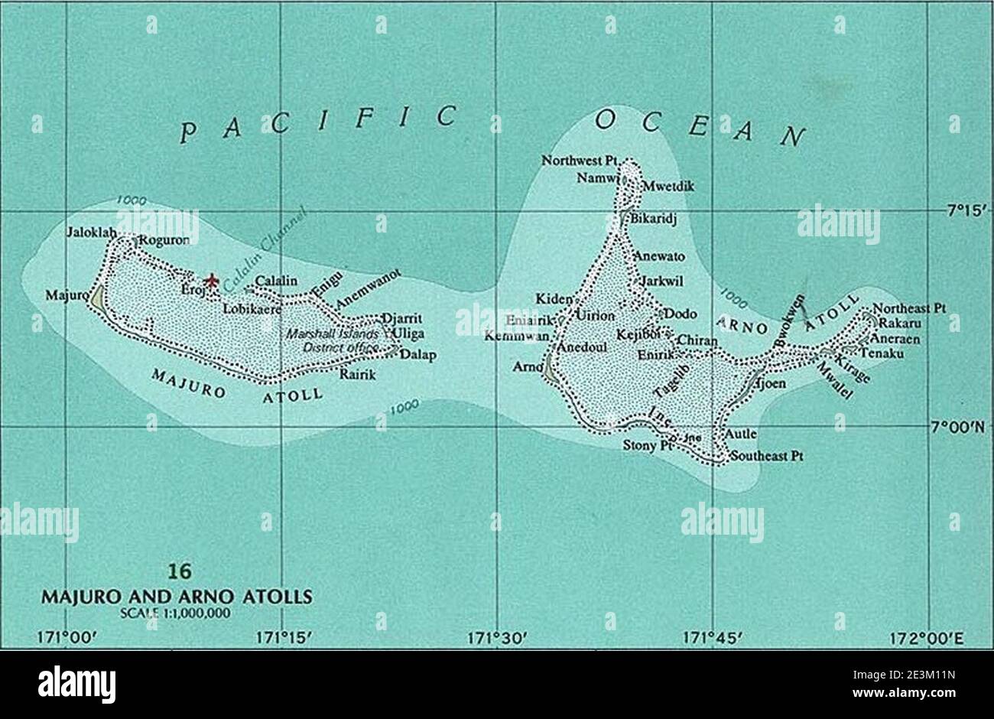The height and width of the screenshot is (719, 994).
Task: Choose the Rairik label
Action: click(x=358, y=375)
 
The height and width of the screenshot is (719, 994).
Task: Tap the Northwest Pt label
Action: click(x=580, y=161)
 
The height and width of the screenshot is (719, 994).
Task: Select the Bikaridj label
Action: click(x=654, y=219)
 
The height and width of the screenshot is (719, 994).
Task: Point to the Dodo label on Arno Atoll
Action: click(x=679, y=314)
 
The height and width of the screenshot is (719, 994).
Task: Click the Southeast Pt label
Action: click(x=765, y=456)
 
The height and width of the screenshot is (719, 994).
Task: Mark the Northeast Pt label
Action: click(x=909, y=308)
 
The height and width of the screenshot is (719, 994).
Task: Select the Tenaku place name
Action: click(x=882, y=353)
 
